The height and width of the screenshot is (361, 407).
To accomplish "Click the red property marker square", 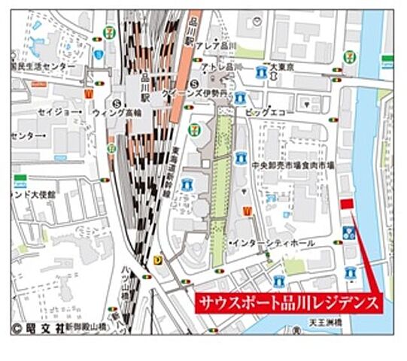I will coord(347,204).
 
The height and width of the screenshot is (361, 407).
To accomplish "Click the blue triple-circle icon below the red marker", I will coord(349,232).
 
